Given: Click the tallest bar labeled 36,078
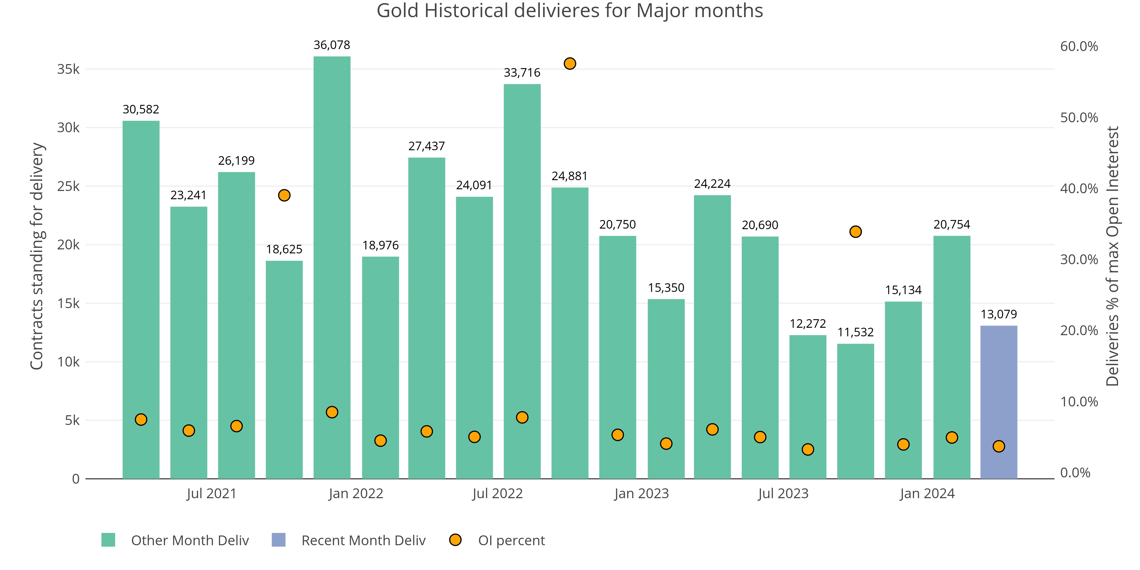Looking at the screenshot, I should pyautogui.click(x=332, y=266).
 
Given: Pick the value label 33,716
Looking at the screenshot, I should pyautogui.click(x=522, y=73).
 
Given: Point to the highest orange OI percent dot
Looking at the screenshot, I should pyautogui.click(x=570, y=64).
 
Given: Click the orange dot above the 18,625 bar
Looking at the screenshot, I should pyautogui.click(x=284, y=195).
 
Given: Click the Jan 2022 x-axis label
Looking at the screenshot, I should pyautogui.click(x=356, y=493).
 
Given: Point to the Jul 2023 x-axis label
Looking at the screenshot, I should pyautogui.click(x=783, y=493).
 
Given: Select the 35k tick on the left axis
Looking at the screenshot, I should pyautogui.click(x=68, y=69).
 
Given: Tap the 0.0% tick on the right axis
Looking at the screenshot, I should pyautogui.click(x=1075, y=473).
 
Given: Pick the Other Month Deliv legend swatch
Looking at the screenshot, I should pyautogui.click(x=108, y=540).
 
